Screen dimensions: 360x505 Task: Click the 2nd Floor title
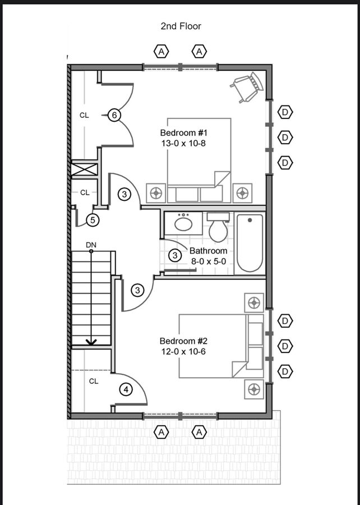(181, 26)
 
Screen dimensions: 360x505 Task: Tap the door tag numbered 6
(114, 115)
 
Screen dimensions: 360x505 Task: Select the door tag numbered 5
(93, 221)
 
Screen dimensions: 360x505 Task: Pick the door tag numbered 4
(126, 390)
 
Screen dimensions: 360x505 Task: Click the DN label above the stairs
(91, 245)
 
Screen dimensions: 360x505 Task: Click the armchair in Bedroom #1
(247, 86)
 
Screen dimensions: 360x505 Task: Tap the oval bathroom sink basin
(184, 224)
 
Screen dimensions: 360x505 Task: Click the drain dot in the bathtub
(250, 221)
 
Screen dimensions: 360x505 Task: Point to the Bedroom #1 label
(183, 132)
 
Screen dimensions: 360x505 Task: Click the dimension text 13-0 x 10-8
(183, 143)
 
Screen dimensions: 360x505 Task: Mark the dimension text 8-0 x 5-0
(209, 261)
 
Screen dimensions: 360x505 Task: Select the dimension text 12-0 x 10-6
(183, 351)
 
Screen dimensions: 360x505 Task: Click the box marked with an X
(84, 169)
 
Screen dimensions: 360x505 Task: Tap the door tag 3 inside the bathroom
(175, 255)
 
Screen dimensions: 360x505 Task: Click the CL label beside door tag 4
(94, 382)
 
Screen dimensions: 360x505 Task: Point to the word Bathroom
(209, 251)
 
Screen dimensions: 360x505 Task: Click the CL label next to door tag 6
(84, 115)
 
